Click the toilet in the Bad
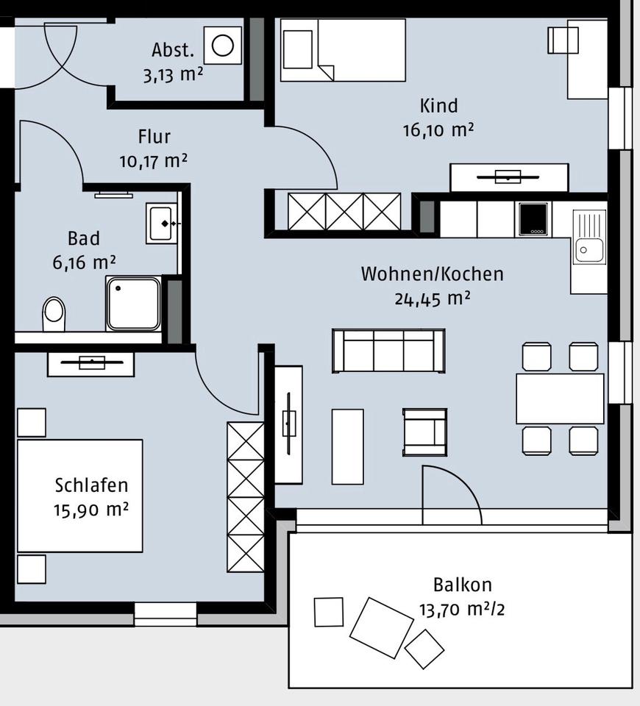coord(54,314)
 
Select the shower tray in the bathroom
coord(133,303)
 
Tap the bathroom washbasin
coord(161,223)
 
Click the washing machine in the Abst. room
coord(222,46)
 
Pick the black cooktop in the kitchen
coord(533,219)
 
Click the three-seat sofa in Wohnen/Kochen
coord(388,351)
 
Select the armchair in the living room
coord(424,432)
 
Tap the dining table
coord(560,399)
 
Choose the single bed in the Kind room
coord(343,49)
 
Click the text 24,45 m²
coord(432,299)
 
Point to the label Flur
coord(154,137)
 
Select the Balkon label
coord(462,585)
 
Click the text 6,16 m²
coord(84,262)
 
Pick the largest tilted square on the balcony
coord(381,627)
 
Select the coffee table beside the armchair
coord(347,446)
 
